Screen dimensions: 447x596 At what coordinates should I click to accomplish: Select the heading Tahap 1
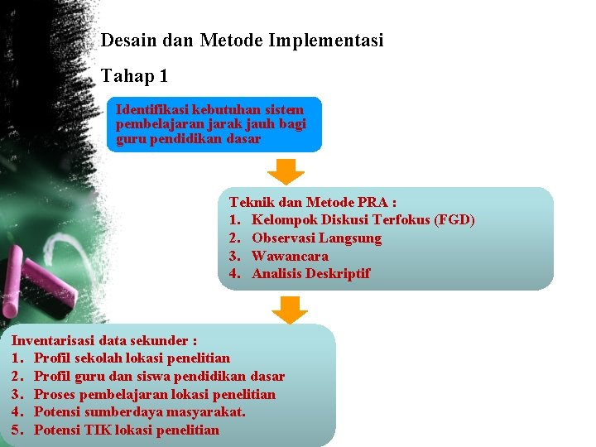coord(134,77)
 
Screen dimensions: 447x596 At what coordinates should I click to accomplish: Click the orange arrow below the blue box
coord(286,170)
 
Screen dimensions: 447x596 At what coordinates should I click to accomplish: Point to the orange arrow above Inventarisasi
coord(289,310)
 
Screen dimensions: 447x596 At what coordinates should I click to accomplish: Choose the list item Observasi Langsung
coord(316,238)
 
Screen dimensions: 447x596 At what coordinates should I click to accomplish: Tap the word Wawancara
coord(290,256)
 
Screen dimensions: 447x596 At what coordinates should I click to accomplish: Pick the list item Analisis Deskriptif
coord(310,274)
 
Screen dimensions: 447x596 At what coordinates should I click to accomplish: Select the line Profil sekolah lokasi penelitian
coord(132,358)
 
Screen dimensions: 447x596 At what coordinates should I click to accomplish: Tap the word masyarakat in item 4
coord(209,412)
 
